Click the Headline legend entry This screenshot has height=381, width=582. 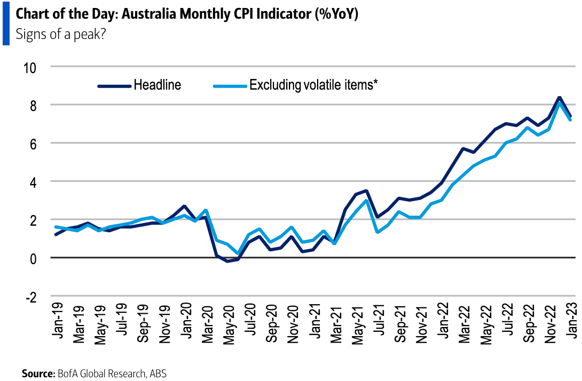click(x=157, y=85)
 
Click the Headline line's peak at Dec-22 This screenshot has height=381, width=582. click(x=559, y=98)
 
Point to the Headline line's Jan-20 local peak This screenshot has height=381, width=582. click(x=184, y=206)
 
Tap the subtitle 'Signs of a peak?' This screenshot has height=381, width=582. click(x=57, y=35)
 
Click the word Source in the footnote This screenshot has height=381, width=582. click(x=38, y=374)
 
